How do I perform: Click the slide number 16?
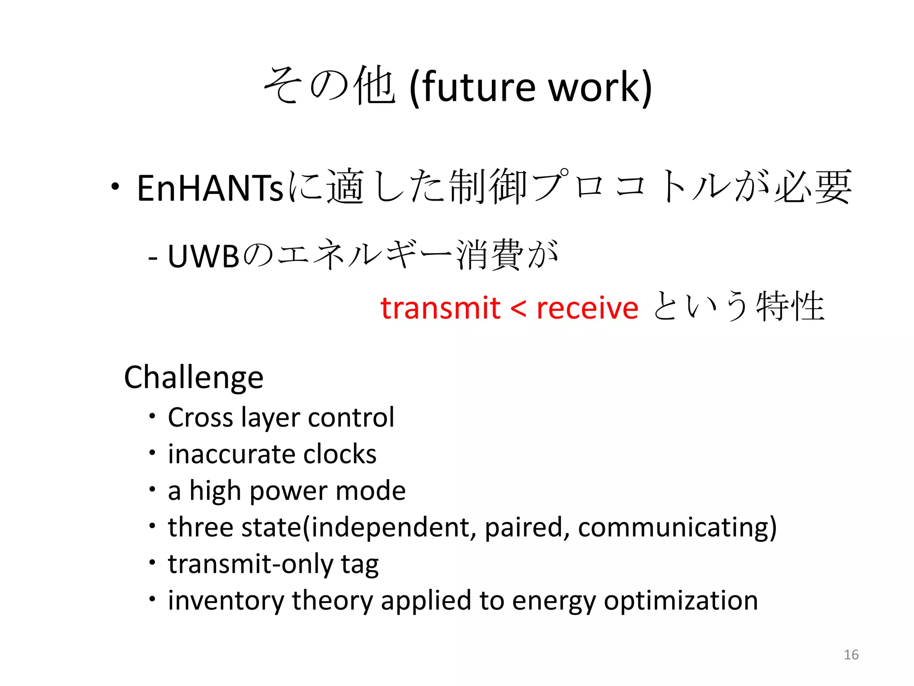tap(851, 655)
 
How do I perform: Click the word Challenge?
tap(194, 378)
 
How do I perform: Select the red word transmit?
tap(440, 308)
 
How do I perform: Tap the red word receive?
tap(587, 308)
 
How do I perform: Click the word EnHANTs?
tap(210, 188)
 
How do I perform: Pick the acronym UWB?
tap(204, 257)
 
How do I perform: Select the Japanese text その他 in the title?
tap(329, 86)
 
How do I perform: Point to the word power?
tap(288, 491)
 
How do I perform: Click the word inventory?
tap(226, 601)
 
